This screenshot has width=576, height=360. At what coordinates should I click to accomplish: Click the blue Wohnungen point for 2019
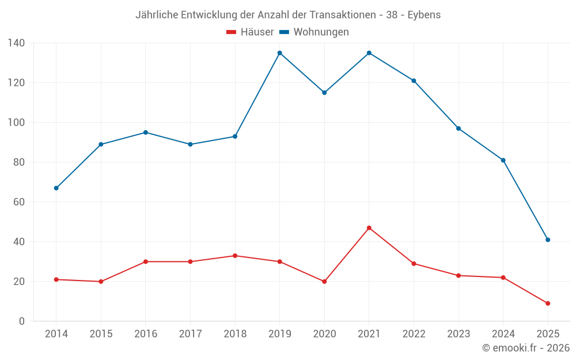tap(279, 53)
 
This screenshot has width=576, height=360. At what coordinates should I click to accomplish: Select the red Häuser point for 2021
tap(369, 228)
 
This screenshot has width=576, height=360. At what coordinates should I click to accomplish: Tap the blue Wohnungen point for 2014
tap(56, 188)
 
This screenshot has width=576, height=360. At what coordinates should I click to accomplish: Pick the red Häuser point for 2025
tap(548, 304)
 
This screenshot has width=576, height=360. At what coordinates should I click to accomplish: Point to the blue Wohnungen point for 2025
tap(548, 240)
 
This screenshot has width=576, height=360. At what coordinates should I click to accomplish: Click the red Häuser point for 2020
tap(324, 282)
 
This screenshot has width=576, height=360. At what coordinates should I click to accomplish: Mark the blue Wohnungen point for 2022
tap(414, 81)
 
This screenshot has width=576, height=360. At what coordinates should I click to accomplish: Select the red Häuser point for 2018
tap(235, 256)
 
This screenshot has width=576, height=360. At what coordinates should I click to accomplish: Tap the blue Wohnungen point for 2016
tap(145, 132)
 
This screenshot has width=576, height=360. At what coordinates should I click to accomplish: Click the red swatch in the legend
tap(232, 32)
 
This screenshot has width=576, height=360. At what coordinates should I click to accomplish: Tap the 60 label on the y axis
tap(19, 202)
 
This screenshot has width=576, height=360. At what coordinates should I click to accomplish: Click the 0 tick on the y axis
tap(21, 321)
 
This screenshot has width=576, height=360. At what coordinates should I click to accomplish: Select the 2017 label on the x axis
tap(190, 334)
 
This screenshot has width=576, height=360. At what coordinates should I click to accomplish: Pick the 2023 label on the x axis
tap(458, 334)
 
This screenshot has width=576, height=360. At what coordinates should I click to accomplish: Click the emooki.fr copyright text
tap(526, 348)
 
